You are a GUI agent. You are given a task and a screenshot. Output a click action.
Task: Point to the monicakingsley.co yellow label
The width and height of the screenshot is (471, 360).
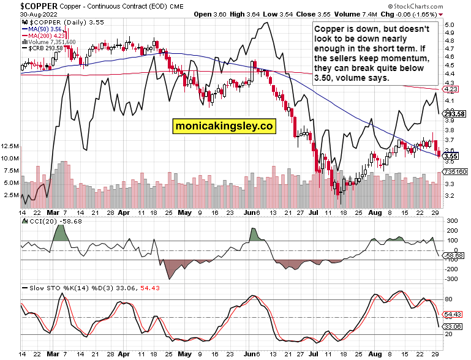[x=224, y=126]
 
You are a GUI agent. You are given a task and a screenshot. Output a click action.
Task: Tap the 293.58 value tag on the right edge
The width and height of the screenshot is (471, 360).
[x=454, y=114]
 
